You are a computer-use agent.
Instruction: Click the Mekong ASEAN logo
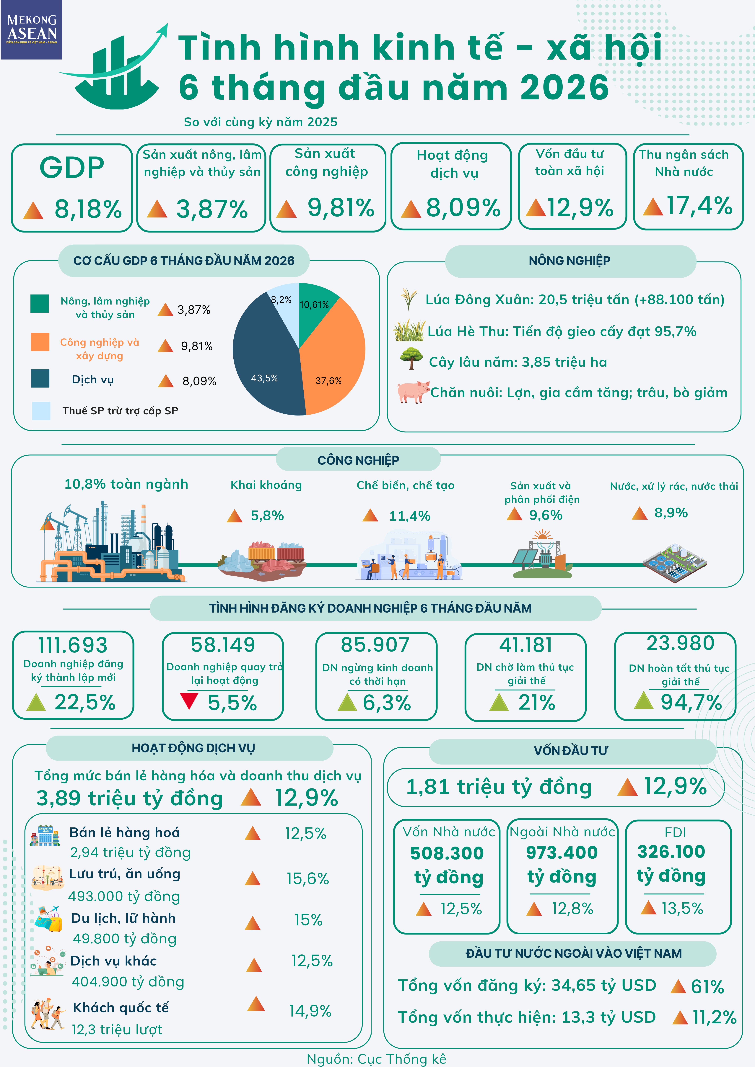pos(31,30)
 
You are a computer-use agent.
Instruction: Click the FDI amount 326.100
pos(671,852)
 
